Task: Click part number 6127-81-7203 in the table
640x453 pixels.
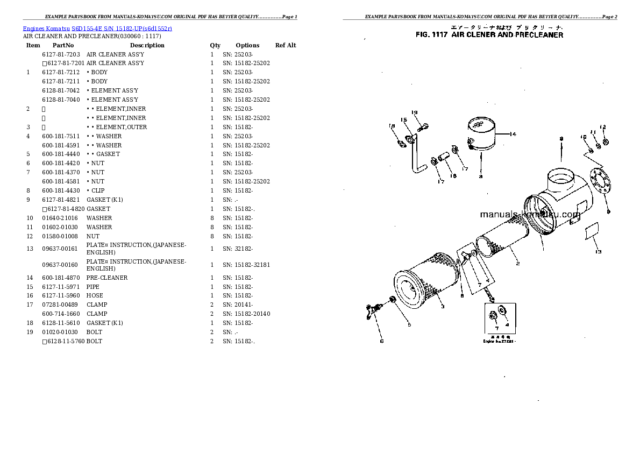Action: [61, 54]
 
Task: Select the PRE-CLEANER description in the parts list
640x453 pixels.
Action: [107, 278]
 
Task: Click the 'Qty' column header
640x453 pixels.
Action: [215, 45]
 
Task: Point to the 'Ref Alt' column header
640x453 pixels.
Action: [286, 45]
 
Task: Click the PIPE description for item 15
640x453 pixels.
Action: [93, 287]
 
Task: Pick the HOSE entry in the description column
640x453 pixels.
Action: [95, 295]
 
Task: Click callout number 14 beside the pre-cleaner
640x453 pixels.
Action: [513, 135]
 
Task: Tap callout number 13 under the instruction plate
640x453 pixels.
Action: [598, 251]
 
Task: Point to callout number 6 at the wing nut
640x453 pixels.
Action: [381, 341]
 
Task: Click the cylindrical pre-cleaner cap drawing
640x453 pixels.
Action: [482, 135]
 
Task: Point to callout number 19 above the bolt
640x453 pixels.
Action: [415, 112]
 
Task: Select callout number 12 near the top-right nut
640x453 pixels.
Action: [603, 127]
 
